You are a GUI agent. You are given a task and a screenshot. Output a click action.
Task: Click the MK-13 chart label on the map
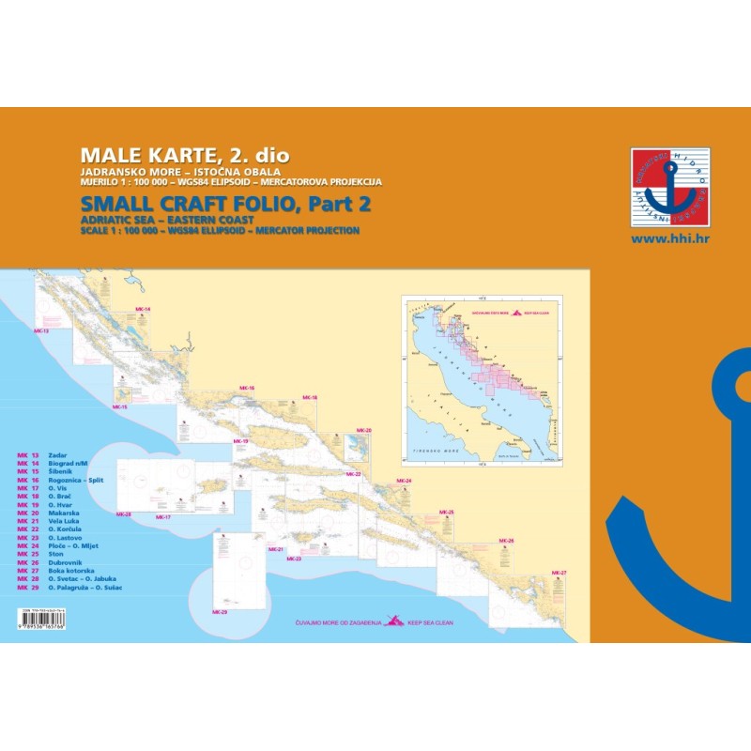pos(40,331)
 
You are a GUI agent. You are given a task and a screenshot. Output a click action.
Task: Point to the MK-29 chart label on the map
pos(220,612)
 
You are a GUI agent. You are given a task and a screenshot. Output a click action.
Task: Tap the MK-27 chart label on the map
pos(559,573)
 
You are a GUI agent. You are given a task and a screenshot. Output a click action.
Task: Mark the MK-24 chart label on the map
pos(405,481)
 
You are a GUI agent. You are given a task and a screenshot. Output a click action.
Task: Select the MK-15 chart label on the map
pos(119,406)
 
